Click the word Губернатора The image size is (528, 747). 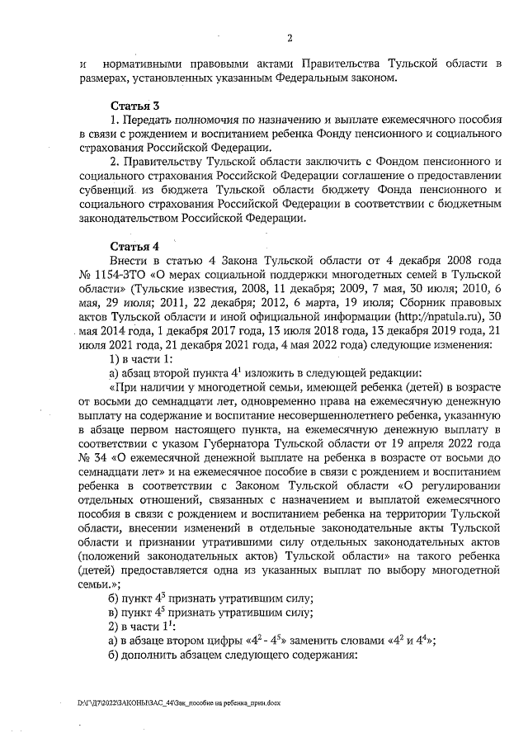pos(256,444)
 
